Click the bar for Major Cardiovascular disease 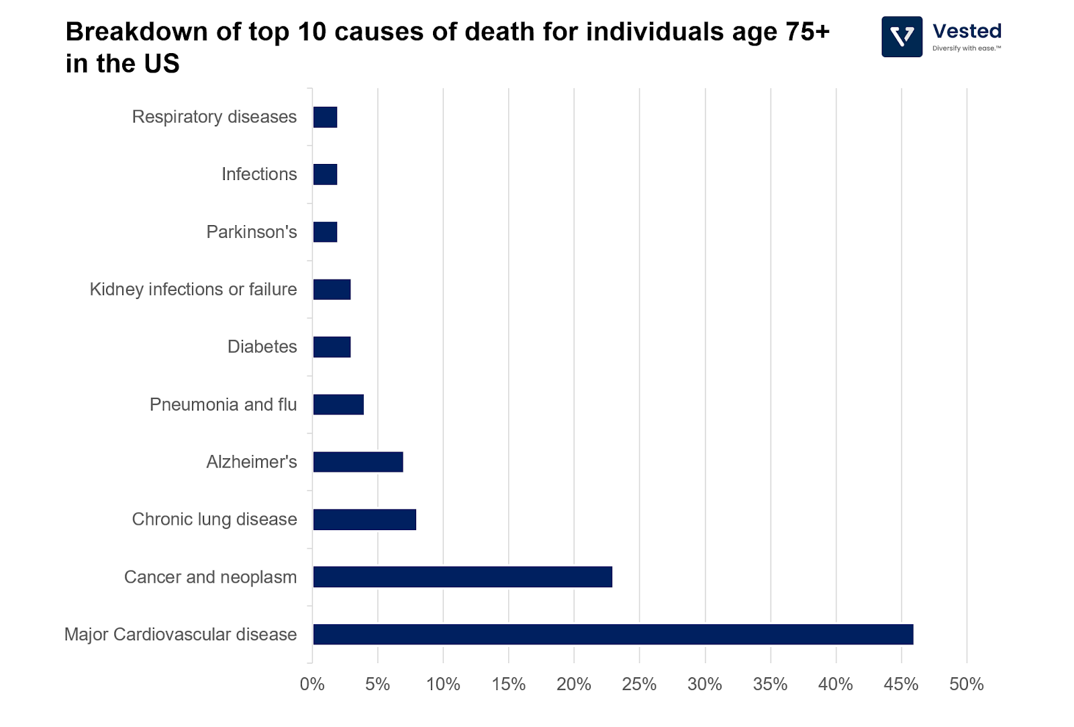point(613,634)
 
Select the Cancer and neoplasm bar point(462,576)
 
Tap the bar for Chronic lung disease point(364,519)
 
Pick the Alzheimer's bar point(358,462)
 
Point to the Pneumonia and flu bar point(338,404)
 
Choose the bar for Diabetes point(332,347)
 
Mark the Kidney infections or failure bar point(332,290)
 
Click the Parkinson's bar point(325,232)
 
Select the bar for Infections point(325,175)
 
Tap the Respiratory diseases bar point(325,117)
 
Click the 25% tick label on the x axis point(639,684)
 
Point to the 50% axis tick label point(966,684)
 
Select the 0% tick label point(312,684)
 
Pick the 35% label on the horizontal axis point(770,684)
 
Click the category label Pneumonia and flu point(223,404)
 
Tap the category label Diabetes point(262,347)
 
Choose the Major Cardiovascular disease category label point(181,634)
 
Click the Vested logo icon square point(901,37)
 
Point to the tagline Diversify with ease point(966,48)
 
